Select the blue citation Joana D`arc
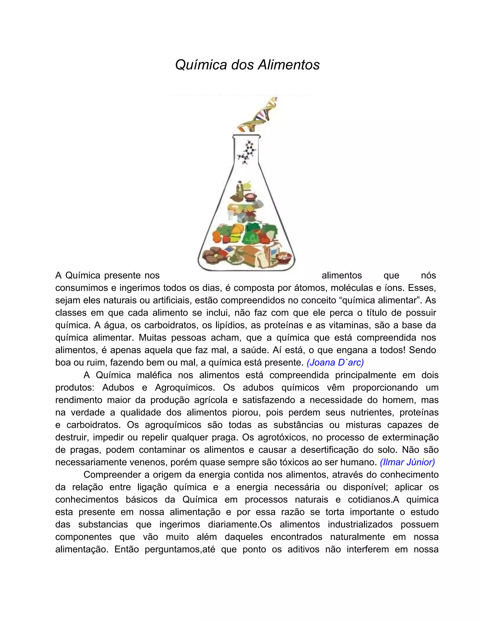335,362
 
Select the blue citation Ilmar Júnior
407,462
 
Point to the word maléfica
154,375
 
